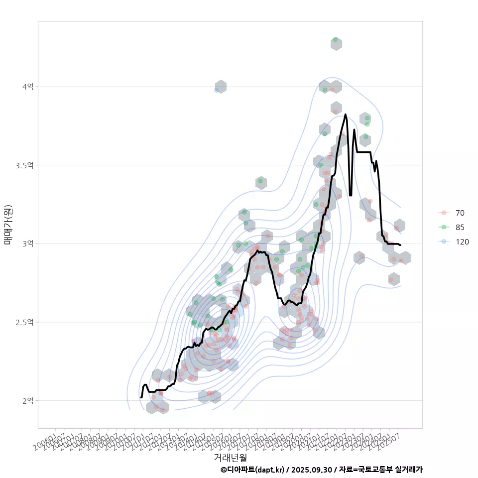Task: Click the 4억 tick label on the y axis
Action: pos(27,87)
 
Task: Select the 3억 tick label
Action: pos(27,243)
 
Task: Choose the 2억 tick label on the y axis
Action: pos(27,400)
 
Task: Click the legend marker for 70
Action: pos(443,213)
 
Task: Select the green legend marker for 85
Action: pos(443,228)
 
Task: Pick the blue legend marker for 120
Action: pos(443,242)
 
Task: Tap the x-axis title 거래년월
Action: pos(230,457)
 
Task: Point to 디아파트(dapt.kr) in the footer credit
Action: pos(253,470)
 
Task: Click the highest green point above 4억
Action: pos(335,39)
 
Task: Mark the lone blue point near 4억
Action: pos(216,90)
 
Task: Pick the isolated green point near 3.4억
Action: pos(260,181)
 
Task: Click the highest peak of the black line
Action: pos(345,115)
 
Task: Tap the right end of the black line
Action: pos(400,244)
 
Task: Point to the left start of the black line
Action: pos(141,397)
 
